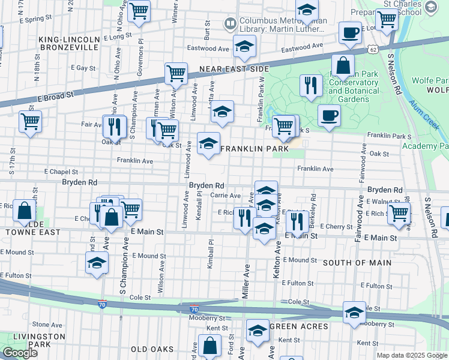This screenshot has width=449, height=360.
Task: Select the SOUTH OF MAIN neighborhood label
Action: (357, 263)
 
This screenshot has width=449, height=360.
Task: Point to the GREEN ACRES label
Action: (298, 326)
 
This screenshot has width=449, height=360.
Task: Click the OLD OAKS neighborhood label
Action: (152, 349)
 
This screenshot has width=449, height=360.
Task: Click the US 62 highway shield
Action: (373, 49)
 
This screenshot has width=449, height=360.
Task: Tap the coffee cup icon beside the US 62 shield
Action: (349, 32)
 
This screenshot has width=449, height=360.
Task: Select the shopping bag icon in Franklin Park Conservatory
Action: (343, 65)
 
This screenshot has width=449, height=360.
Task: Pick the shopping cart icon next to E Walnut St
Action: (399, 212)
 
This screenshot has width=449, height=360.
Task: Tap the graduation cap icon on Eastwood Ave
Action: (244, 46)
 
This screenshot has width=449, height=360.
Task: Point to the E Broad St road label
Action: (55, 95)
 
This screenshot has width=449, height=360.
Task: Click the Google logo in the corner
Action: (20, 353)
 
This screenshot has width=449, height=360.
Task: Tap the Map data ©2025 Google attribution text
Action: (411, 355)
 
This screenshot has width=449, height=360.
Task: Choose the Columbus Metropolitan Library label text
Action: (282, 24)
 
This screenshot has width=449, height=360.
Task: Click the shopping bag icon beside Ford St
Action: (210, 346)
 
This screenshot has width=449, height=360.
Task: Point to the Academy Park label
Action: (427, 146)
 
